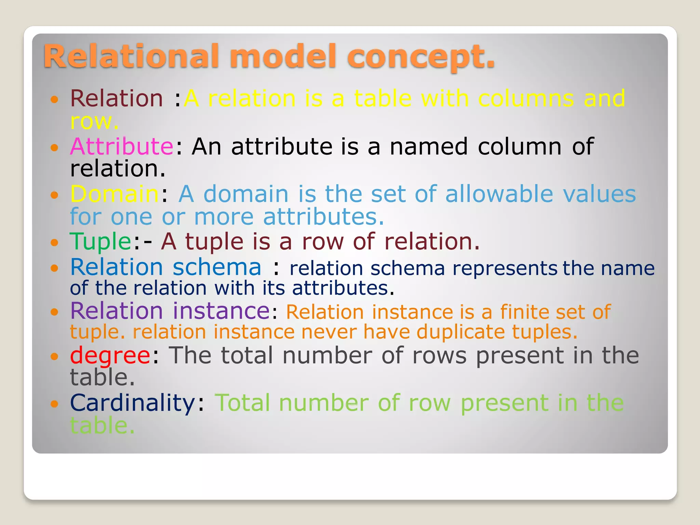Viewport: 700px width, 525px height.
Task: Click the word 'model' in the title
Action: pyautogui.click(x=283, y=56)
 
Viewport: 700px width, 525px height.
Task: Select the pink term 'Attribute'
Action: pyautogui.click(x=122, y=146)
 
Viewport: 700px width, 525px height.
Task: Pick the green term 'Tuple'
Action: pyautogui.click(x=100, y=242)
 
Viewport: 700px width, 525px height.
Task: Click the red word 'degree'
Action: pyautogui.click(x=110, y=355)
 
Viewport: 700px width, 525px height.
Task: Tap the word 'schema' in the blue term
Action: pyautogui.click(x=217, y=267)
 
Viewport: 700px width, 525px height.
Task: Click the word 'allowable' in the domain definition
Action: pyautogui.click(x=499, y=194)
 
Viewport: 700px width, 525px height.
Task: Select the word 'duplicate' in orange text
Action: pyautogui.click(x=461, y=332)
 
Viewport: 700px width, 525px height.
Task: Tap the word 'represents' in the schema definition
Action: pyautogui.click(x=505, y=268)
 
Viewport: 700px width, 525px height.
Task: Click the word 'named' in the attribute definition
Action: pyautogui.click(x=429, y=146)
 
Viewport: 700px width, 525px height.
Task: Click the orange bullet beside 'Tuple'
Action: pyautogui.click(x=54, y=243)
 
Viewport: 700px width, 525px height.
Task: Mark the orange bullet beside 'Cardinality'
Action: pyautogui.click(x=54, y=404)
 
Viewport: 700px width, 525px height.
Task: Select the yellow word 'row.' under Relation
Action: pyautogui.click(x=94, y=121)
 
